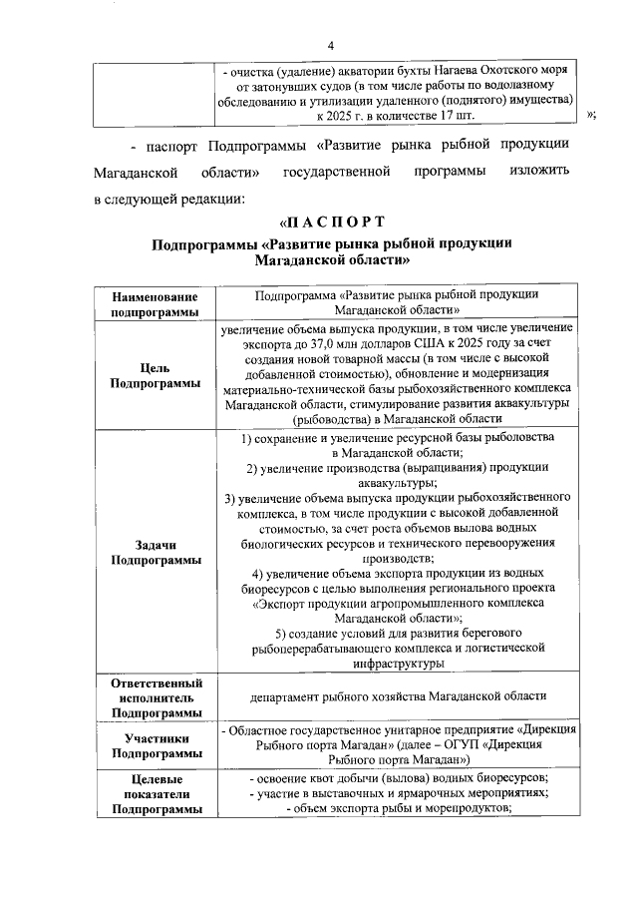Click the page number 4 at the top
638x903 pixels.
(x=330, y=46)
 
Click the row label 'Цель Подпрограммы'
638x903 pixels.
(x=155, y=375)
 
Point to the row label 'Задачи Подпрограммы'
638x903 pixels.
(x=155, y=552)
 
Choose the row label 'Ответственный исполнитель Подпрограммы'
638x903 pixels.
(x=155, y=697)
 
